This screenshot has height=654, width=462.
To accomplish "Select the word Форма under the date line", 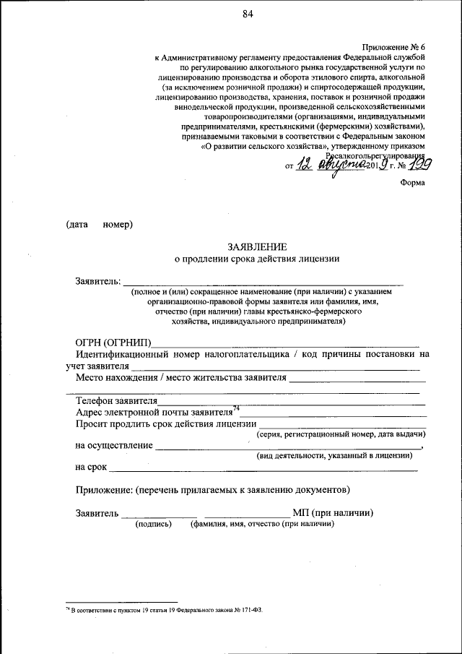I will pyautogui.click(x=412, y=183).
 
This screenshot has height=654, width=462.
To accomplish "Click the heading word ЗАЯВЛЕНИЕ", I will pyautogui.click(x=257, y=246).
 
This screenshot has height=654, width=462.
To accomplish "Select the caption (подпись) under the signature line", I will pyautogui.click(x=153, y=523).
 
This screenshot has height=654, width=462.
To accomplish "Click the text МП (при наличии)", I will pyautogui.click(x=333, y=513).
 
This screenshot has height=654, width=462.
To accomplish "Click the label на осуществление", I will pyautogui.click(x=114, y=444).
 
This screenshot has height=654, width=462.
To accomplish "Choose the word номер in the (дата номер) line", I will pyautogui.click(x=117, y=225).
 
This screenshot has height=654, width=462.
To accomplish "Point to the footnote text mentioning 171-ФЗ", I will pyautogui.click(x=166, y=609).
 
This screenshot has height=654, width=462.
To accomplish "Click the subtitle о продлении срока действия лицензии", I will pyautogui.click(x=257, y=258).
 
